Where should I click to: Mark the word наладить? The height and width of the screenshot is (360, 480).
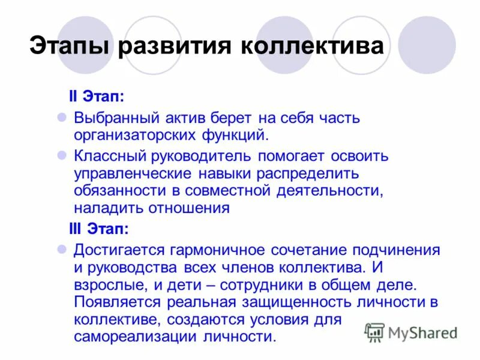point(103,208)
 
